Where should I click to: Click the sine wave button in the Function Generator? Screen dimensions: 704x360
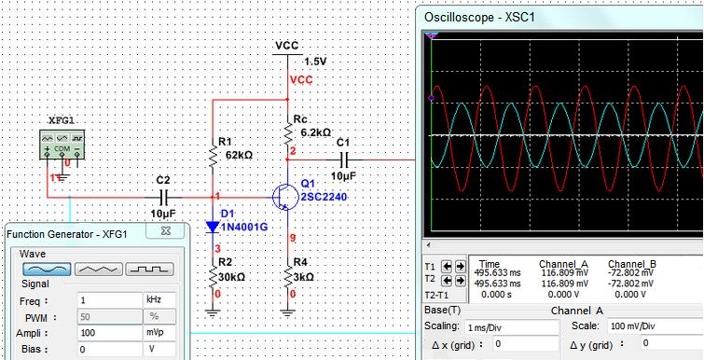point(48,269)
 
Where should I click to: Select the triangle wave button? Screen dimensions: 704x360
point(98,269)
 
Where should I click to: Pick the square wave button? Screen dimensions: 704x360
point(149,269)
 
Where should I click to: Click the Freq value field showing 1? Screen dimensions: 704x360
point(109,299)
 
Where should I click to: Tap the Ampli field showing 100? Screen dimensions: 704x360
point(109,333)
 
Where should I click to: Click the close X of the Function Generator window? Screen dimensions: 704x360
point(166,231)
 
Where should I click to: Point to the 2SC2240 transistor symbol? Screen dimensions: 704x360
point(285,197)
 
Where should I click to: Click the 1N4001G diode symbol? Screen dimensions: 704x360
point(212,227)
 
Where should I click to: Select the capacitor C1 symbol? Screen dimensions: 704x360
point(344,159)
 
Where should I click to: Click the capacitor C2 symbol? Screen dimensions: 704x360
point(164,197)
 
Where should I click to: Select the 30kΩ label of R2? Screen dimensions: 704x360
point(231,277)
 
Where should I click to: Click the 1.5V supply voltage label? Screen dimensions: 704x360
point(315,62)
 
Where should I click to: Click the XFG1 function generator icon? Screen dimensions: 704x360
point(62,145)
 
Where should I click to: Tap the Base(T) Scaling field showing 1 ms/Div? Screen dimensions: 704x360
point(511,327)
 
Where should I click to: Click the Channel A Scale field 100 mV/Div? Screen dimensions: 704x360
point(655,326)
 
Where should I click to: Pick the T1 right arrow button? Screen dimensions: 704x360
point(461,266)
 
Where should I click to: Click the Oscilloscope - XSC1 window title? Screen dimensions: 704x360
point(479,18)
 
